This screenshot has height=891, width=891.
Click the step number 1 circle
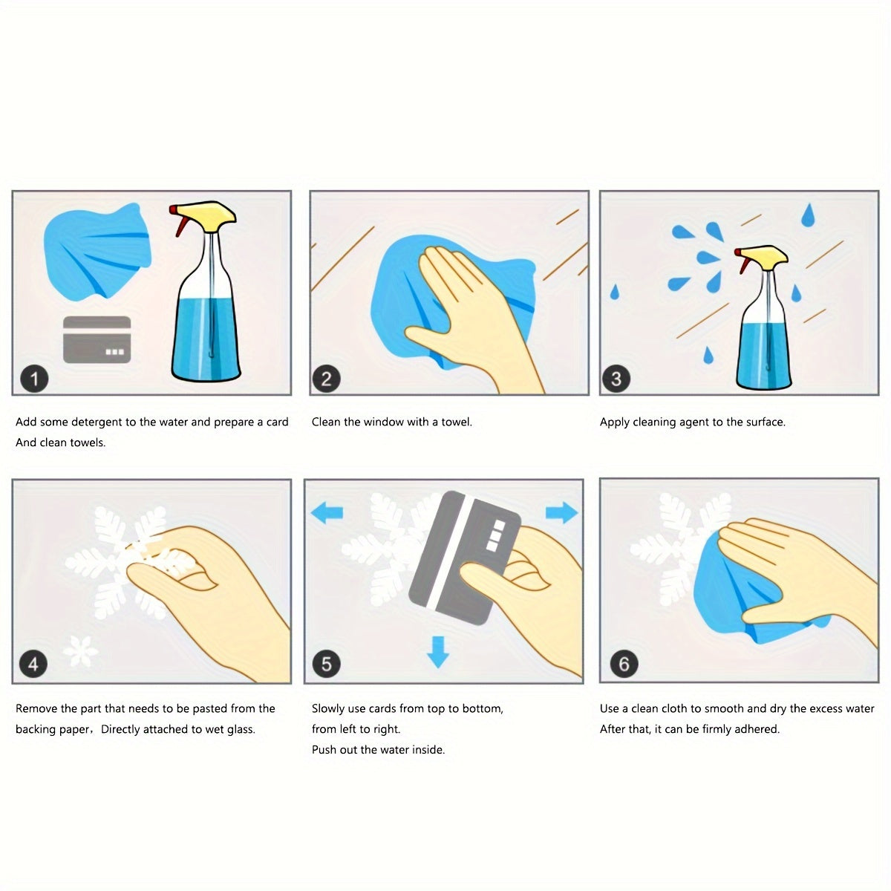tap(34, 379)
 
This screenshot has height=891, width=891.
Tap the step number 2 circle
tap(327, 379)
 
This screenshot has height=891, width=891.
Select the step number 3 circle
tap(616, 379)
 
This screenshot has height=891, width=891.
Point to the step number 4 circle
tap(33, 664)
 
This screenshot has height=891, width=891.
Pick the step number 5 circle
tap(327, 664)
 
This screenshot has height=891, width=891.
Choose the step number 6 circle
tap(624, 664)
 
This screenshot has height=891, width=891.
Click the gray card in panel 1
tap(97, 339)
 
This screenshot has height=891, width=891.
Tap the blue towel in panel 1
tap(97, 251)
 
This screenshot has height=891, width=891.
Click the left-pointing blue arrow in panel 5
tap(327, 513)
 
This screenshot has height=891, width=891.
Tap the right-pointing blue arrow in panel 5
tap(562, 513)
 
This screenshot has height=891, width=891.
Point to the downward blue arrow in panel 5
tap(438, 652)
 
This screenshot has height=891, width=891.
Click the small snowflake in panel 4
tap(81, 651)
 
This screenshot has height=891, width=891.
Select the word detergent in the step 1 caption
tap(97, 422)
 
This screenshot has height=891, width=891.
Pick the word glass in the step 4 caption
tap(241, 729)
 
